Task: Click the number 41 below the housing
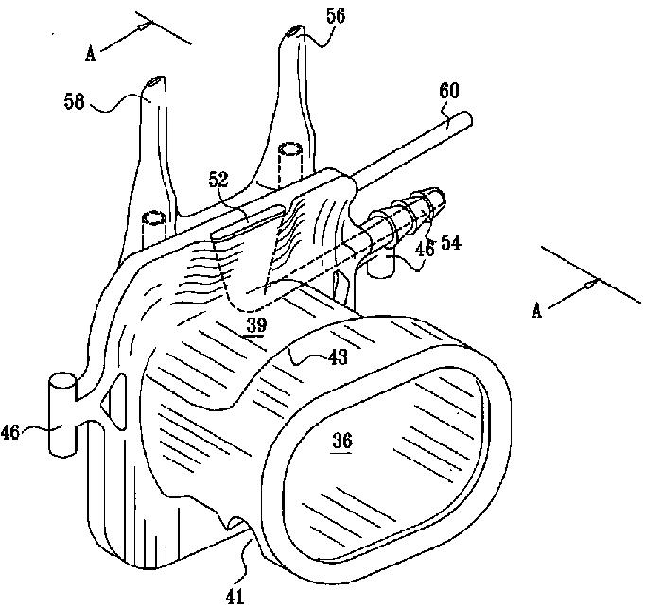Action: [234, 595]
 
